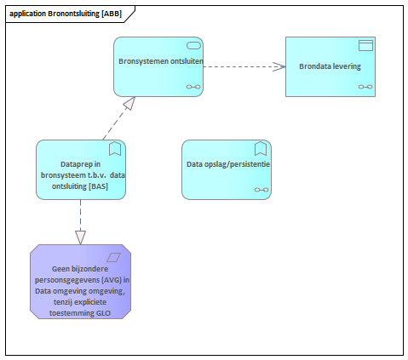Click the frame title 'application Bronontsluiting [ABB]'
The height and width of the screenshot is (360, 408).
pos(66,14)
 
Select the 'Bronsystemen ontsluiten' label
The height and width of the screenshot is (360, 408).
pos(161,61)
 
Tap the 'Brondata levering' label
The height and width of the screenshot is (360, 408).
pos(330,66)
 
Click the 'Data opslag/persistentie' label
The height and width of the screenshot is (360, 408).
pos(228,164)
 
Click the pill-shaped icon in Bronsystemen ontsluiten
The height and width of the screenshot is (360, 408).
pos(193,45)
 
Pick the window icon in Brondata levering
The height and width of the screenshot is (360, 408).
pos(365,45)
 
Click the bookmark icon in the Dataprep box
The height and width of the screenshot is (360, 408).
pos(115,149)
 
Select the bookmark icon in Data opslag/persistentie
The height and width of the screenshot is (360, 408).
pos(261,149)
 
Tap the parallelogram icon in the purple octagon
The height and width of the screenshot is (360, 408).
pos(113,257)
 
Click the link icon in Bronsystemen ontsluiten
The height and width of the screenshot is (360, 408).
pos(193,87)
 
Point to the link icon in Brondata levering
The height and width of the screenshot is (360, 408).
pos(365,87)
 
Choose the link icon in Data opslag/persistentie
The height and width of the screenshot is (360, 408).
pos(261,190)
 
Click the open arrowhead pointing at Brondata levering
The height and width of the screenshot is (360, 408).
pos(279,66)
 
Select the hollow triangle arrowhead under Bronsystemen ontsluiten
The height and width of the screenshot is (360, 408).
pos(129,103)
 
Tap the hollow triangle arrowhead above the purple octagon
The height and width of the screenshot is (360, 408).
pos(80,237)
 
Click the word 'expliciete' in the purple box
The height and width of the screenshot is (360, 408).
pos(88,302)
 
